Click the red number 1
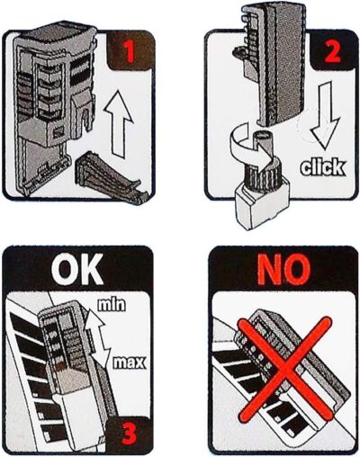130,52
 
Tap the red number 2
332,51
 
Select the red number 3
130,435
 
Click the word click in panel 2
323,167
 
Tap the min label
112,305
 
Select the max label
129,363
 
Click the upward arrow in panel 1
119,124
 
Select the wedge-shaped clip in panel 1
112,178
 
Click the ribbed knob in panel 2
260,178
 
